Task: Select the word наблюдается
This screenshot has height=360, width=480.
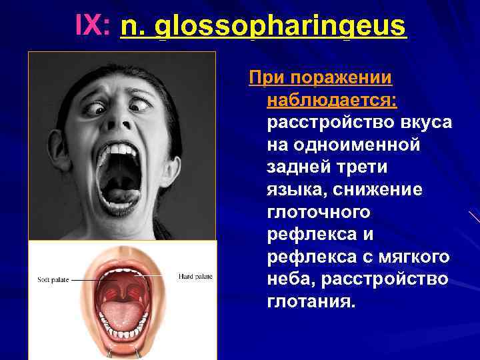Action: [x=329, y=100]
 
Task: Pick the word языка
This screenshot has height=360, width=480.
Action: [x=294, y=189]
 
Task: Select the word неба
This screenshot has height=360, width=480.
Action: [x=289, y=278]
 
